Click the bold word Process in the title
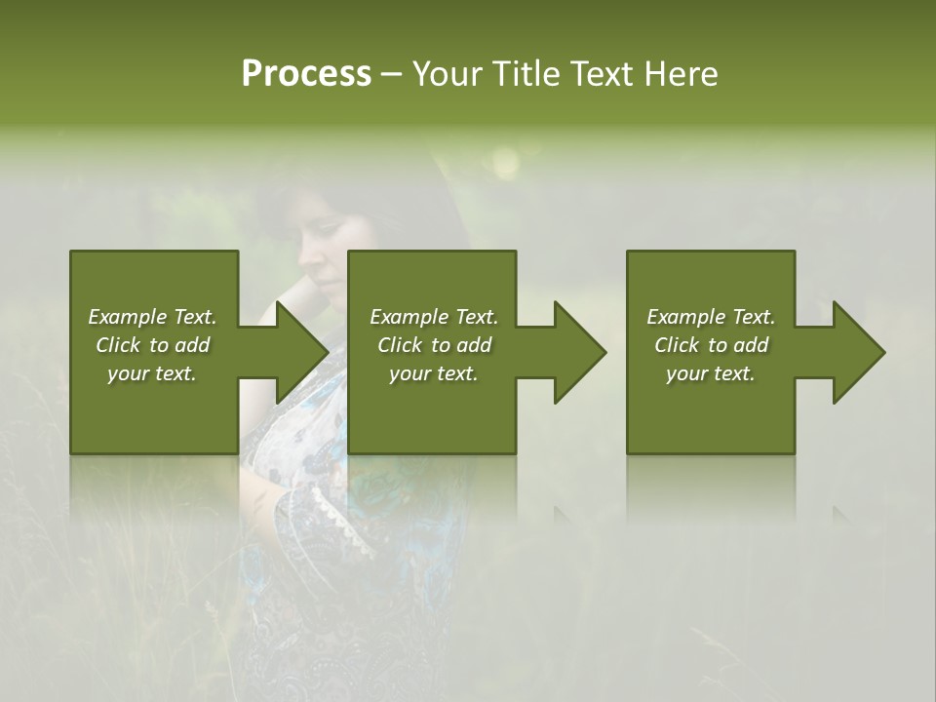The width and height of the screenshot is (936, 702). pyautogui.click(x=306, y=74)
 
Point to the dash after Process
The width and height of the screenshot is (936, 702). pyautogui.click(x=391, y=75)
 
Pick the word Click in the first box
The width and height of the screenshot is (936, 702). pyautogui.click(x=118, y=345)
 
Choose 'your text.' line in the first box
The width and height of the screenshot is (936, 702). pyautogui.click(x=152, y=373)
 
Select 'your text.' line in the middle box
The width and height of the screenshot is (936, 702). pyautogui.click(x=433, y=373)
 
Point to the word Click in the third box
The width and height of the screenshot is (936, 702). pyautogui.click(x=677, y=345)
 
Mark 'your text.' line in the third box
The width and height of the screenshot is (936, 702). pyautogui.click(x=710, y=373)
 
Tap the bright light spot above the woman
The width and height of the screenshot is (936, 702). pyautogui.click(x=505, y=161)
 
